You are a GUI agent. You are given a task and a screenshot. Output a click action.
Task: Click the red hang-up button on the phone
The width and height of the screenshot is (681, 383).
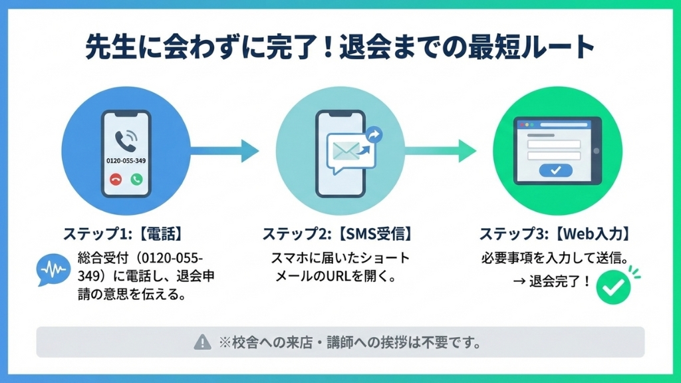click(x=116, y=180)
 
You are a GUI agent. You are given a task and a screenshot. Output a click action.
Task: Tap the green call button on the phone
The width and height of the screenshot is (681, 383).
click(x=137, y=180)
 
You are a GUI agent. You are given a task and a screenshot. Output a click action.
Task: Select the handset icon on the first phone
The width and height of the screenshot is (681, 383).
click(x=124, y=140)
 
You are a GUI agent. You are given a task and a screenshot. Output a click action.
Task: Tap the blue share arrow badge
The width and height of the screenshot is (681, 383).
click(x=374, y=135)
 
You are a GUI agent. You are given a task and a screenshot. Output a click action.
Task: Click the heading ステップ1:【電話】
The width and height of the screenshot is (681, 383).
click(x=123, y=235)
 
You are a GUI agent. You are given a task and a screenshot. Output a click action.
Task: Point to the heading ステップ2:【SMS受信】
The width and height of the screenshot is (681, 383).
click(x=337, y=235)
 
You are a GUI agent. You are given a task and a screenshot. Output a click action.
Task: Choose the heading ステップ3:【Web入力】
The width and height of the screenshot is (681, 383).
click(x=555, y=235)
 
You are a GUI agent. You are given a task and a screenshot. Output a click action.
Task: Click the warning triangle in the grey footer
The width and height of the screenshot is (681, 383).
click(x=202, y=342)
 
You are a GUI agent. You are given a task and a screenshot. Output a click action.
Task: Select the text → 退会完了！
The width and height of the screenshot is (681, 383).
click(x=552, y=281)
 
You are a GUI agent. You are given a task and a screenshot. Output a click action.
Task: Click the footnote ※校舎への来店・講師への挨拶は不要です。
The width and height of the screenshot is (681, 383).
click(x=349, y=343)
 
